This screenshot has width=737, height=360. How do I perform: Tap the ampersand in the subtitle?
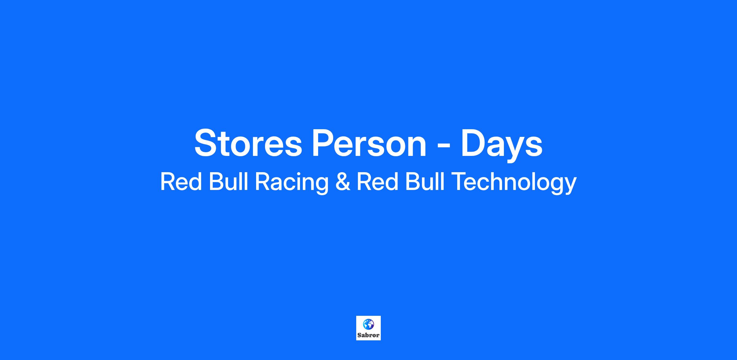coord(342,182)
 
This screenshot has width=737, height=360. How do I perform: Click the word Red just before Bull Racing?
coord(181,182)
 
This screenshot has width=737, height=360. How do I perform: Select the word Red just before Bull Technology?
coord(377,182)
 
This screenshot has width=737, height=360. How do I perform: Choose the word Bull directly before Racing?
coord(228,182)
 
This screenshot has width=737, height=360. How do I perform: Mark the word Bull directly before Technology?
coord(425,182)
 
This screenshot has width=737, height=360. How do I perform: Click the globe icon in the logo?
coord(368,324)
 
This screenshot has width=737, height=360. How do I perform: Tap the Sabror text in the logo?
coord(368,335)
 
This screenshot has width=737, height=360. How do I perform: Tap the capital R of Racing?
coord(263,182)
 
